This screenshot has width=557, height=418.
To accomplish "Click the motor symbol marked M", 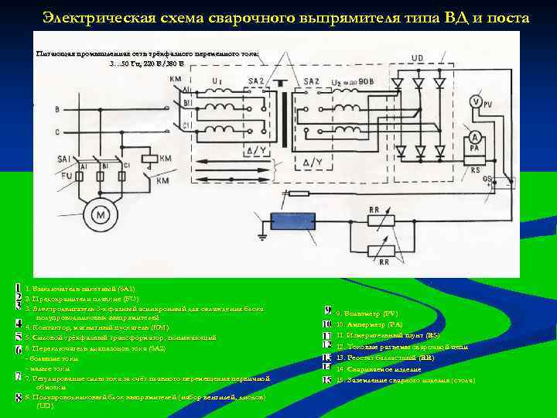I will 98,213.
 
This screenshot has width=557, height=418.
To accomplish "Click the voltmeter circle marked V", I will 476,102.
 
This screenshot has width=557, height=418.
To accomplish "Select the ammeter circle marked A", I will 476,140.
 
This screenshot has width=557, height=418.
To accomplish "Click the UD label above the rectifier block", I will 417,58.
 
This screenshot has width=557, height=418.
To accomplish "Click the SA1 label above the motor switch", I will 65,159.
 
